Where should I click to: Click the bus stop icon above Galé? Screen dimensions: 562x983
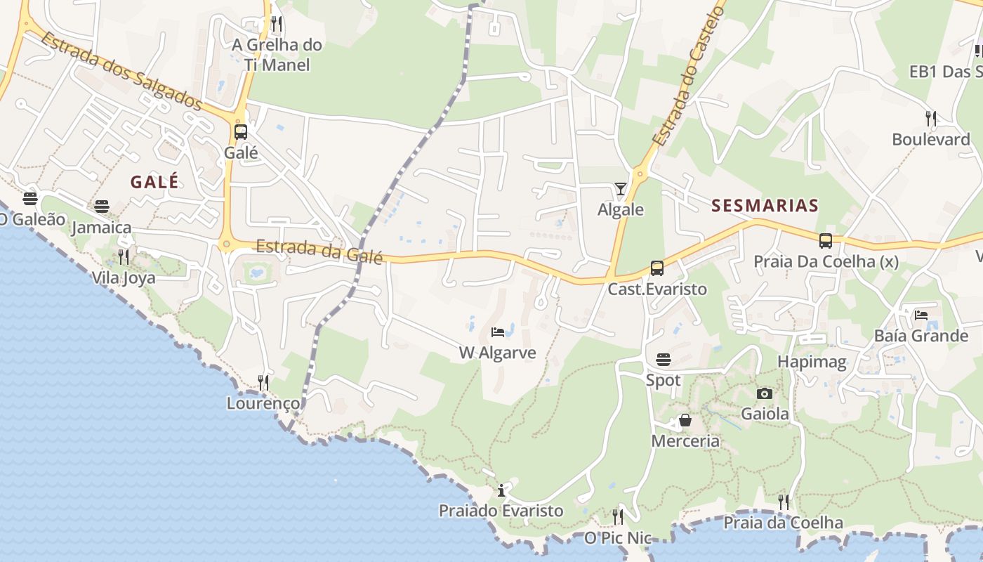pyautogui.click(x=240, y=131)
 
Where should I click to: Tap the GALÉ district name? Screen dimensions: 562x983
pyautogui.click(x=154, y=181)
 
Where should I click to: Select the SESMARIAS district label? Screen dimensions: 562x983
pyautogui.click(x=765, y=205)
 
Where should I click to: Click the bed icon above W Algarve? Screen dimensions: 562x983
pyautogui.click(x=498, y=332)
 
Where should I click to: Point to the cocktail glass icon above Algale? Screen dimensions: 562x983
pyautogui.click(x=621, y=188)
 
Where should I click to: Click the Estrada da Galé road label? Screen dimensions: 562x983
pyautogui.click(x=319, y=251)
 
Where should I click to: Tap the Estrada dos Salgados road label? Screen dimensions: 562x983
pyautogui.click(x=121, y=70)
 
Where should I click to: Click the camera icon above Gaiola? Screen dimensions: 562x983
pyautogui.click(x=765, y=393)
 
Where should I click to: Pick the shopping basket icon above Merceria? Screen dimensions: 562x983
pyautogui.click(x=685, y=420)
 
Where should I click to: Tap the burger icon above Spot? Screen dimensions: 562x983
pyautogui.click(x=664, y=360)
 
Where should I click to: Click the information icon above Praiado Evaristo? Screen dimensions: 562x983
pyautogui.click(x=501, y=490)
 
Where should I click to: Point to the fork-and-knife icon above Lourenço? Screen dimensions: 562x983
pyautogui.click(x=263, y=382)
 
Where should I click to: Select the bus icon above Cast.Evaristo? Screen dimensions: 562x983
pyautogui.click(x=657, y=268)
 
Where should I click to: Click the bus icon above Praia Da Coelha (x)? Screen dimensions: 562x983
pyautogui.click(x=826, y=241)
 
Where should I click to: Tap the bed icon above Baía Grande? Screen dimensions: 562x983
pyautogui.click(x=921, y=315)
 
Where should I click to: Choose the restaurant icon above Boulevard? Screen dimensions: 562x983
pyautogui.click(x=931, y=118)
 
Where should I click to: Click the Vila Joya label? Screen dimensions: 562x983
pyautogui.click(x=124, y=277)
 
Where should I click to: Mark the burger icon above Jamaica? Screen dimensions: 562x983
pyautogui.click(x=102, y=207)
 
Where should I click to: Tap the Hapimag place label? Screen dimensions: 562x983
pyautogui.click(x=812, y=362)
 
